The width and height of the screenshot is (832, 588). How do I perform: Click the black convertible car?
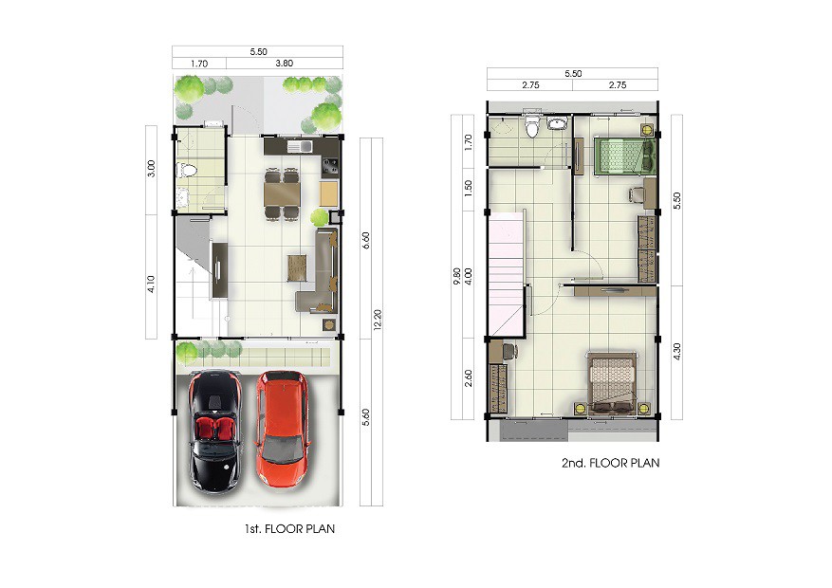pos(216,432)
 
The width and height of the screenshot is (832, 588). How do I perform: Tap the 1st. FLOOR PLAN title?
pos(289,528)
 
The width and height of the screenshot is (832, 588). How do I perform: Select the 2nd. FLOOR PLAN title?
pos(611,463)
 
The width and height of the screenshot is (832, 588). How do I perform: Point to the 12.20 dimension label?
pos(378,321)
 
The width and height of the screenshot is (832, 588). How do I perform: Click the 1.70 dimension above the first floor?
pos(199,64)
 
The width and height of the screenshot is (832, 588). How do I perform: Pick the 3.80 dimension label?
pos(285,64)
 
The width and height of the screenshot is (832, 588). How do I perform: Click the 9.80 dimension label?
pos(457,277)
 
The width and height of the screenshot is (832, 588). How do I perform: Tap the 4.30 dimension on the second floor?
pos(676,352)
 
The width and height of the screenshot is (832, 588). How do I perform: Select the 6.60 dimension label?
pos(365,241)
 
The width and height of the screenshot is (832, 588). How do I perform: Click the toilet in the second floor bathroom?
pos(531,125)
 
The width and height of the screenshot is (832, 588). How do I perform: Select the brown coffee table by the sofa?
pos(298,268)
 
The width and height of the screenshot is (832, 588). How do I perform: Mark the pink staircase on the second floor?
pos(507,273)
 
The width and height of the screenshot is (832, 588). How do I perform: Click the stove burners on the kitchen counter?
pos(330,167)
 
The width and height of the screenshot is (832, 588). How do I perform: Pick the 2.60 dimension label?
pos(468,378)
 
